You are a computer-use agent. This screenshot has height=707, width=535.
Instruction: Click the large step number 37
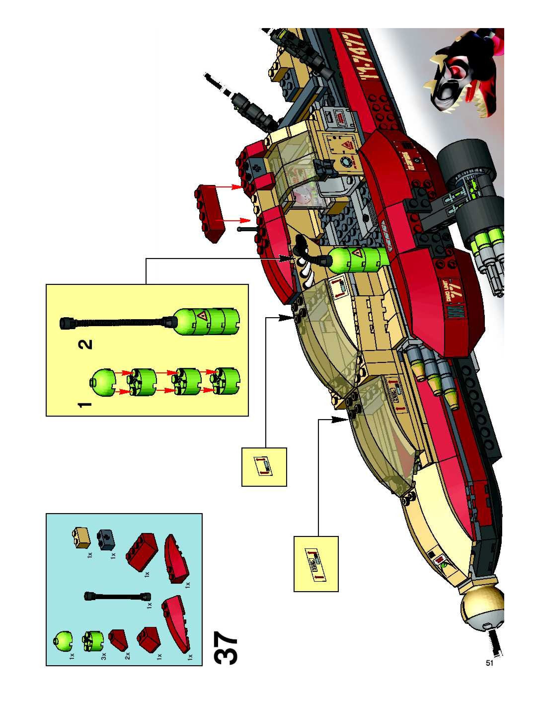(x=226, y=648)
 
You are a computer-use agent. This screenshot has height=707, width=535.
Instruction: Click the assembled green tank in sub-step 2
(x=208, y=321)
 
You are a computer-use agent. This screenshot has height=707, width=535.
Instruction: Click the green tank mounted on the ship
(x=358, y=260)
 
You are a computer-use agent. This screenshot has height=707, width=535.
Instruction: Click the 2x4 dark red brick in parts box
(x=142, y=550)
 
